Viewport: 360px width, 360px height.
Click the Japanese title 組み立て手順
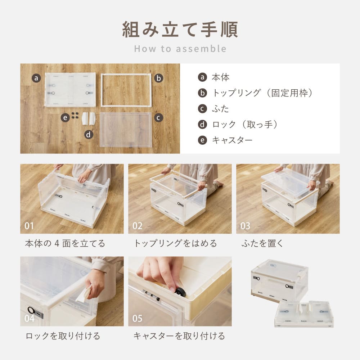coord(180,30)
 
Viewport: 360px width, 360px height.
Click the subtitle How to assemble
coord(180,49)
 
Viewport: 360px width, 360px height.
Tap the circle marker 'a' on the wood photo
coord(36,78)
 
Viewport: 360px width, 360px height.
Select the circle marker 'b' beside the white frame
coord(159,78)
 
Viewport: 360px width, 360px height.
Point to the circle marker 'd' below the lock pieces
coord(89,135)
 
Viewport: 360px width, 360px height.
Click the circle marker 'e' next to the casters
coord(65,117)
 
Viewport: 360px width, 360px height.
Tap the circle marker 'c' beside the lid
coord(159,117)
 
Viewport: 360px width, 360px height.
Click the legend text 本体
coord(220,77)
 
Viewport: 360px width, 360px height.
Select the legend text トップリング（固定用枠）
coord(262,93)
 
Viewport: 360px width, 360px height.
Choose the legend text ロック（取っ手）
coord(245,125)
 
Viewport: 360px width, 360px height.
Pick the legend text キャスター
coord(232,140)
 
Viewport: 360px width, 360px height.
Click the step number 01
coord(29,226)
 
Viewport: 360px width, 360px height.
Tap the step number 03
coord(245,226)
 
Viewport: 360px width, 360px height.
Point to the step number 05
coord(137,319)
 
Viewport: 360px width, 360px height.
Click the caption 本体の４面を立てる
coord(65,243)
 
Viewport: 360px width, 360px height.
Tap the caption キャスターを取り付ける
coord(179,336)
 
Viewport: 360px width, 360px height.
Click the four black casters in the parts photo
coord(75,116)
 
